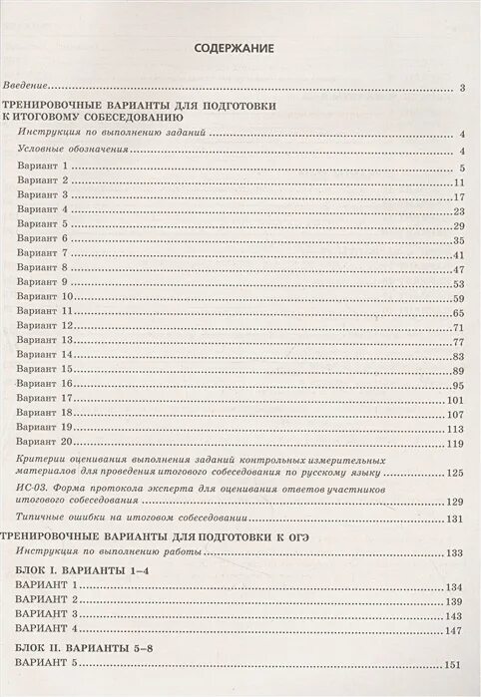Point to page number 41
click(x=461, y=254)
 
